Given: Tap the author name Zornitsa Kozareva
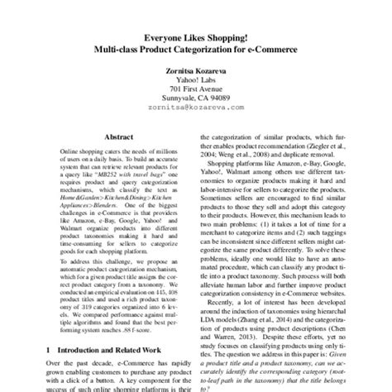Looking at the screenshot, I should [195, 72].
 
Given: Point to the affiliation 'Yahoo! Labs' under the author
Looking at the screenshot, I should [195, 82].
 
